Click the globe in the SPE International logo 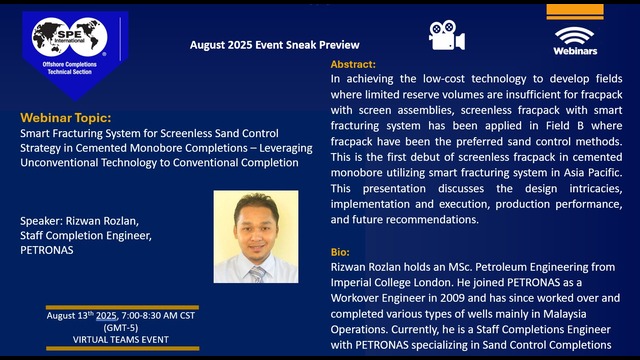pos(50,39)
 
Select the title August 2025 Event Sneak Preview pos(274,45)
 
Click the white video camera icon pos(447,35)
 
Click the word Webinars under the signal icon pos(575,49)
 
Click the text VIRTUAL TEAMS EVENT pos(123,340)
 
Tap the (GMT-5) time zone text pos(122,328)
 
